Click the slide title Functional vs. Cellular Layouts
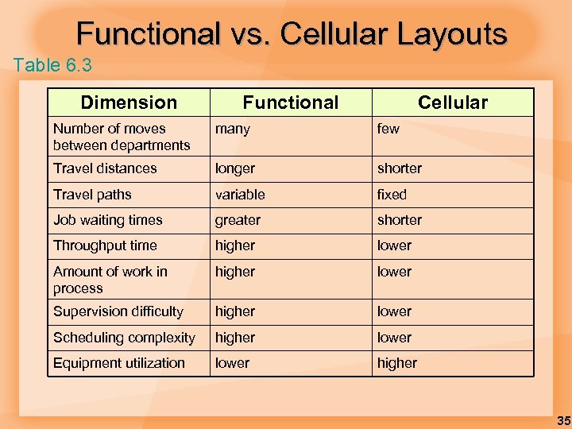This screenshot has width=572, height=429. pyautogui.click(x=292, y=33)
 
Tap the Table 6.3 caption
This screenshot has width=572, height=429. pyautogui.click(x=52, y=65)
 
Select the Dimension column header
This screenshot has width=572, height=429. pyautogui.click(x=129, y=102)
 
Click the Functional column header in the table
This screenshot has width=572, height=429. pyautogui.click(x=290, y=102)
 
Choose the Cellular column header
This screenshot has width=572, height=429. pyautogui.click(x=453, y=102)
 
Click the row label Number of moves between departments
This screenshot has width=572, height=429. pyautogui.click(x=122, y=137)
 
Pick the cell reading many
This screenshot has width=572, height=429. pyautogui.click(x=233, y=129)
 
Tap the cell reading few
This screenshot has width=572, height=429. pyautogui.click(x=388, y=129)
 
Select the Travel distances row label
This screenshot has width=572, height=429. pyautogui.click(x=105, y=168)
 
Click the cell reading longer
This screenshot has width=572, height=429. pyautogui.click(x=235, y=168)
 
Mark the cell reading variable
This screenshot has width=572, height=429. pyautogui.click(x=240, y=195)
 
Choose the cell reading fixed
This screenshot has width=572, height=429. pyautogui.click(x=392, y=195)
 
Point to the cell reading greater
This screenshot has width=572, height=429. pyautogui.click(x=238, y=220)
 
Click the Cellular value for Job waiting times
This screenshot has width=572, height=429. pyautogui.click(x=400, y=220)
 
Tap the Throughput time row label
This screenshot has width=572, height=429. pyautogui.click(x=105, y=245)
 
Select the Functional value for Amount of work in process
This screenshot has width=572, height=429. pyautogui.click(x=235, y=272)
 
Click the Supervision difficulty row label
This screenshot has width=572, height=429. pyautogui.click(x=118, y=311)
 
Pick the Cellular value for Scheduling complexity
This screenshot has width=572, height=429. pyautogui.click(x=395, y=338)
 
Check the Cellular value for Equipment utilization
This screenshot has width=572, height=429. pyautogui.click(x=397, y=363)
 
